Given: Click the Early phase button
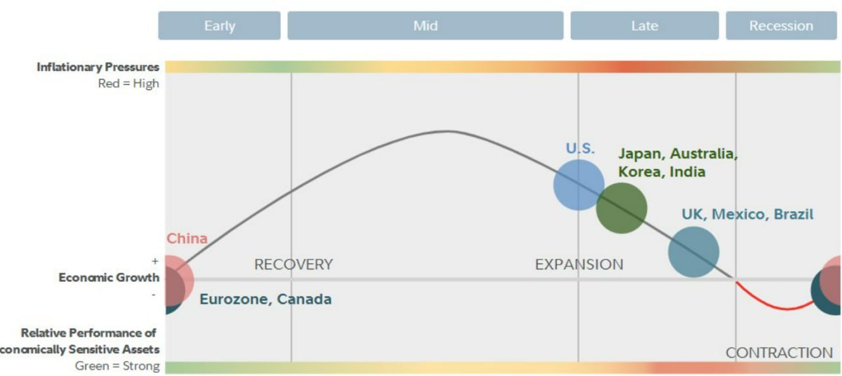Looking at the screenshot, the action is [x=219, y=26].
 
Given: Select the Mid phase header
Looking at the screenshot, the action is [x=426, y=26].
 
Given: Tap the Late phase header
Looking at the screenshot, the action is [x=645, y=26].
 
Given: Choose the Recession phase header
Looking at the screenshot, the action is [x=781, y=26].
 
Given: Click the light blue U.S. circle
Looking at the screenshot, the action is [x=579, y=185].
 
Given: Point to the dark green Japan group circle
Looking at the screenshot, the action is [x=622, y=208].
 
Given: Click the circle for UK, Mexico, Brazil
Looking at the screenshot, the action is [x=694, y=252].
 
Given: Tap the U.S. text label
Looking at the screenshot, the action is [x=580, y=149].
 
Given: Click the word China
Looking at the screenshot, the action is [x=187, y=239].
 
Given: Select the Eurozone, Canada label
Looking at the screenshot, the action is [x=266, y=299].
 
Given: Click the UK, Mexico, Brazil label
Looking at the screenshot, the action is [x=748, y=214].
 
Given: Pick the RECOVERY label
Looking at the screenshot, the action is [x=293, y=264].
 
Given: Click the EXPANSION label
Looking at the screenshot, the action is [x=580, y=264].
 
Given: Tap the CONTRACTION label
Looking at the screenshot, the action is [x=780, y=353].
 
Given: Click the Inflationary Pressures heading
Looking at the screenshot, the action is [x=98, y=67].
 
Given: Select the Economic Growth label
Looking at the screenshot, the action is [x=109, y=277].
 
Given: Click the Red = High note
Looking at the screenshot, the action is [x=128, y=83].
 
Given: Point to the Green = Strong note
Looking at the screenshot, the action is [x=117, y=366].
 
